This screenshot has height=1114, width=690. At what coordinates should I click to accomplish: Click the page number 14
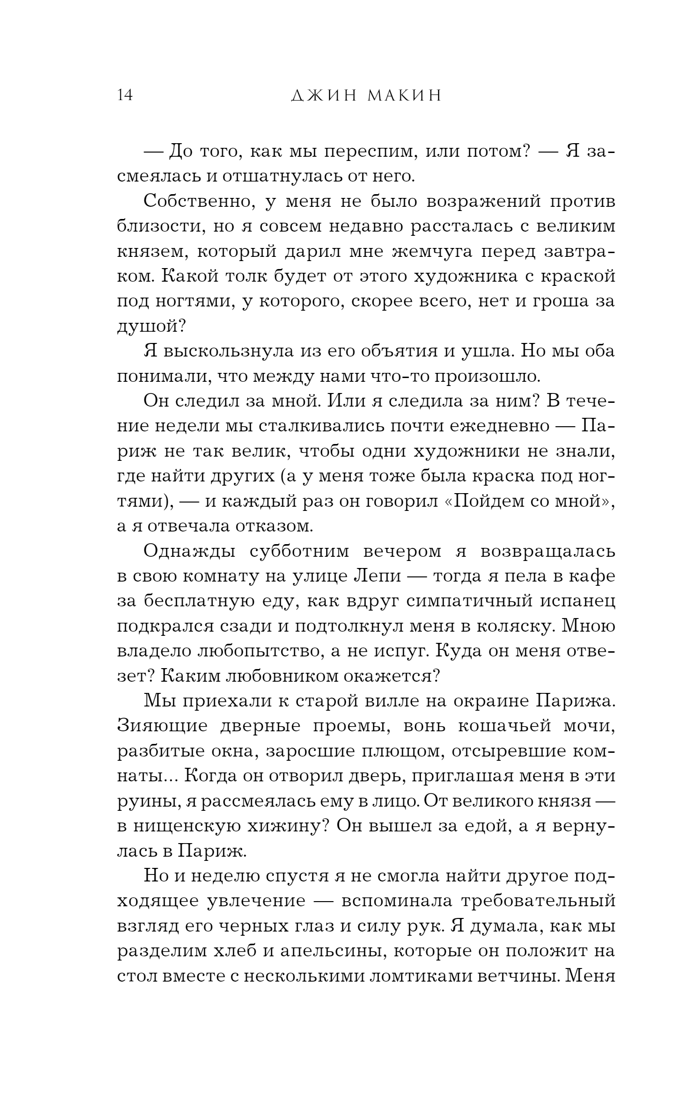125,95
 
